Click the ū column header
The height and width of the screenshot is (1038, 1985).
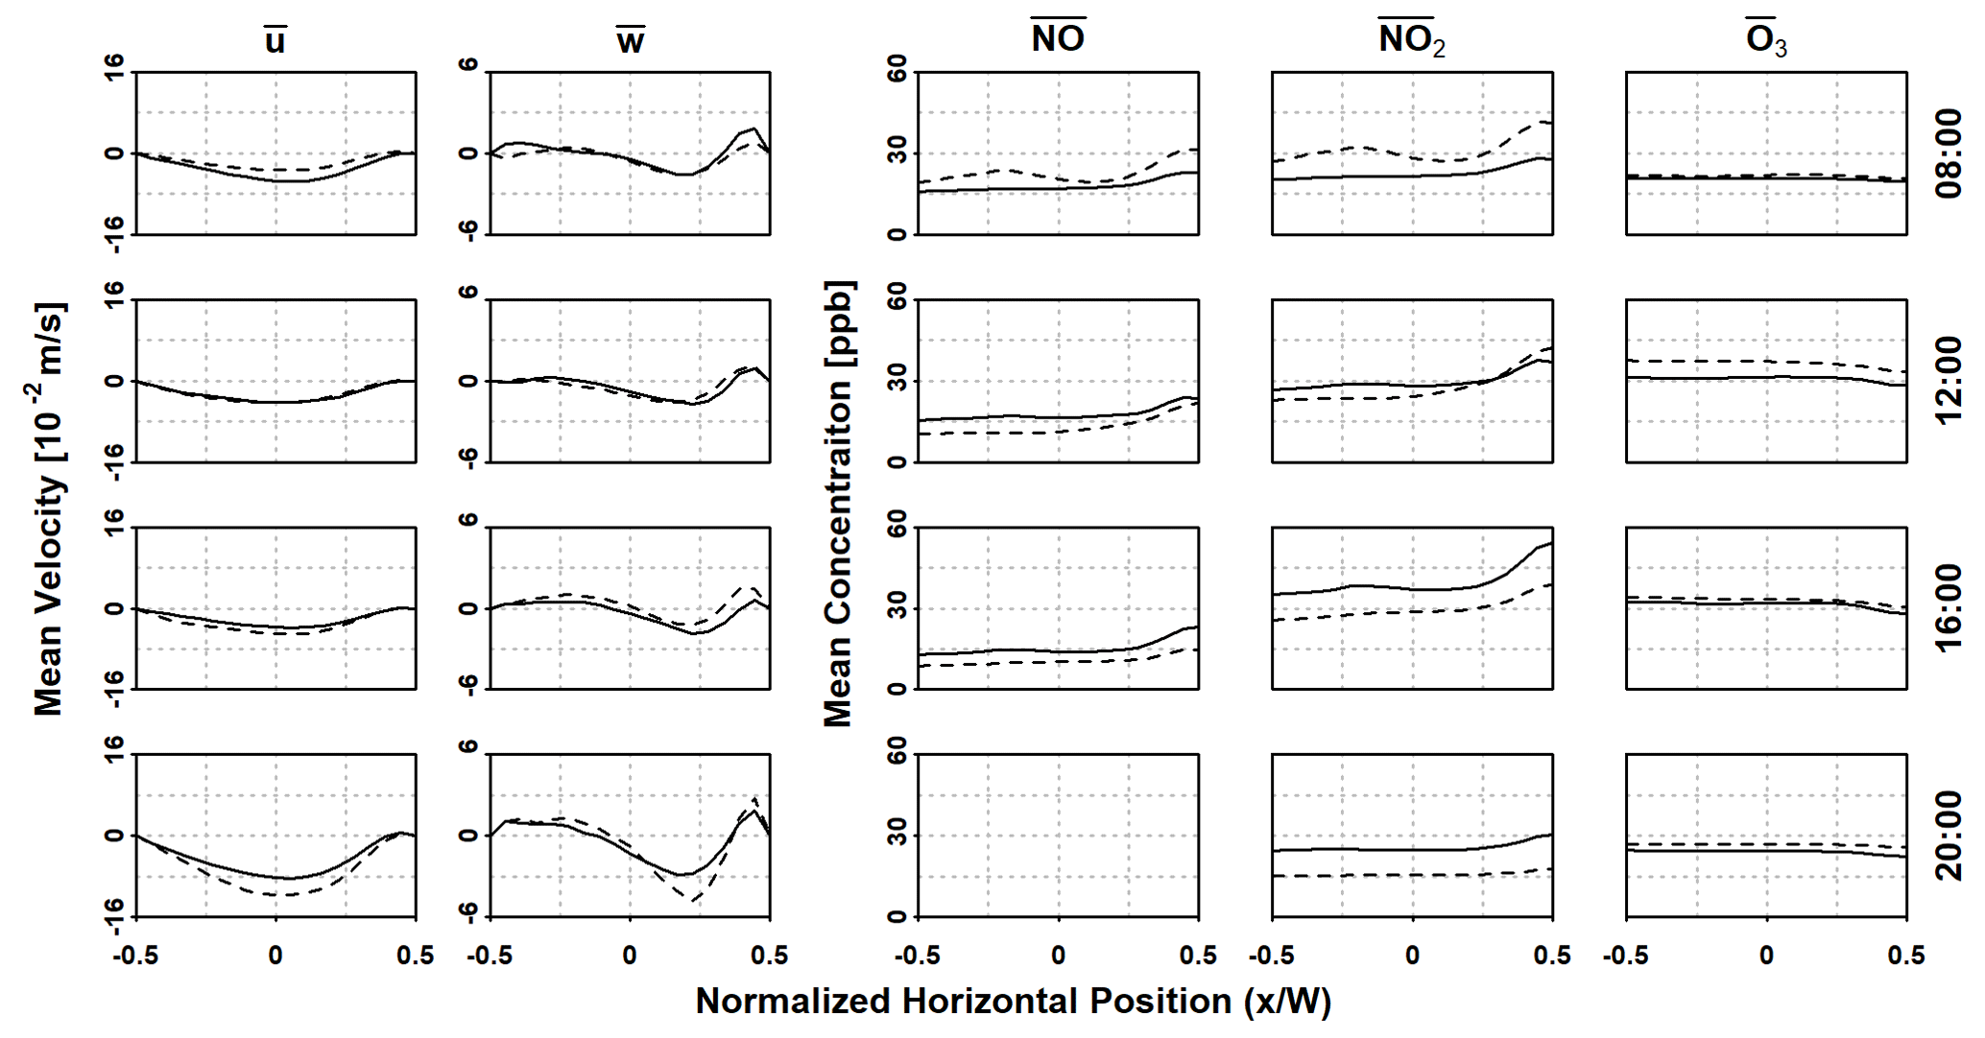click(275, 39)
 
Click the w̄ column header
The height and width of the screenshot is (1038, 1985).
click(630, 39)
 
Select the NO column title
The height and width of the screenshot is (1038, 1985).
click(1058, 37)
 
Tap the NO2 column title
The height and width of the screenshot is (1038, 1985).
click(1411, 39)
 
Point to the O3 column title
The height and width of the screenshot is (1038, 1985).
click(1766, 39)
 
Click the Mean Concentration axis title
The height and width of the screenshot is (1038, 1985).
click(838, 504)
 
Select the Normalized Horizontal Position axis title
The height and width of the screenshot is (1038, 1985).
click(1013, 1001)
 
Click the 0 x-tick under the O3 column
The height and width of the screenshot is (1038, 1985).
click(1766, 955)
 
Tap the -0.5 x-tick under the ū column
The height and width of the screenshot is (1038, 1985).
click(134, 955)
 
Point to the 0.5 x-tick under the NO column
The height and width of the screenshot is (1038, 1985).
click(1198, 955)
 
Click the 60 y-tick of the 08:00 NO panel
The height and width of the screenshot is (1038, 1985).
click(897, 70)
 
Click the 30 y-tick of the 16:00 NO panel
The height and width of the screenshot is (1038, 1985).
click(897, 608)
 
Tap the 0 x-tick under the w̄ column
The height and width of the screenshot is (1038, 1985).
click(630, 955)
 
